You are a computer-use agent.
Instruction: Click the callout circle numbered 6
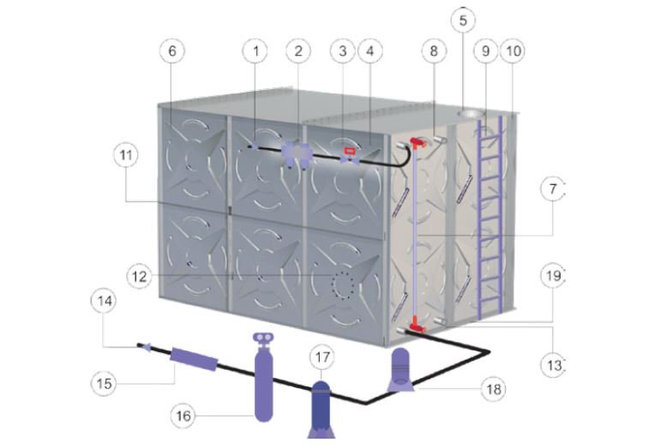(172, 51)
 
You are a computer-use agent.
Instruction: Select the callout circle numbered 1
(255, 51)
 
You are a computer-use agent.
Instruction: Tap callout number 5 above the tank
(463, 20)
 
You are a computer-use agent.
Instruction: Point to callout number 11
(126, 155)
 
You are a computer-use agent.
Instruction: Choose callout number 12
(140, 277)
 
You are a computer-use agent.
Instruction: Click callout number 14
(104, 301)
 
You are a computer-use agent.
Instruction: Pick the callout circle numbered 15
(104, 383)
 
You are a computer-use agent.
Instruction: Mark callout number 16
(183, 415)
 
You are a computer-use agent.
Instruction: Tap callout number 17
(322, 357)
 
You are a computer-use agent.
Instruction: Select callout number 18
(494, 389)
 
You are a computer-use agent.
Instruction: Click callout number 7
(553, 189)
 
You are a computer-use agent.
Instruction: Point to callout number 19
(553, 276)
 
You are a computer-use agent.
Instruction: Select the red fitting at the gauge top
(417, 142)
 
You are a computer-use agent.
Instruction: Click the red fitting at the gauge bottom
(417, 324)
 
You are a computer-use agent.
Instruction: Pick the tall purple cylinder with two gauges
(263, 377)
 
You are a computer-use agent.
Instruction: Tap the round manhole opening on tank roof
(471, 113)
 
